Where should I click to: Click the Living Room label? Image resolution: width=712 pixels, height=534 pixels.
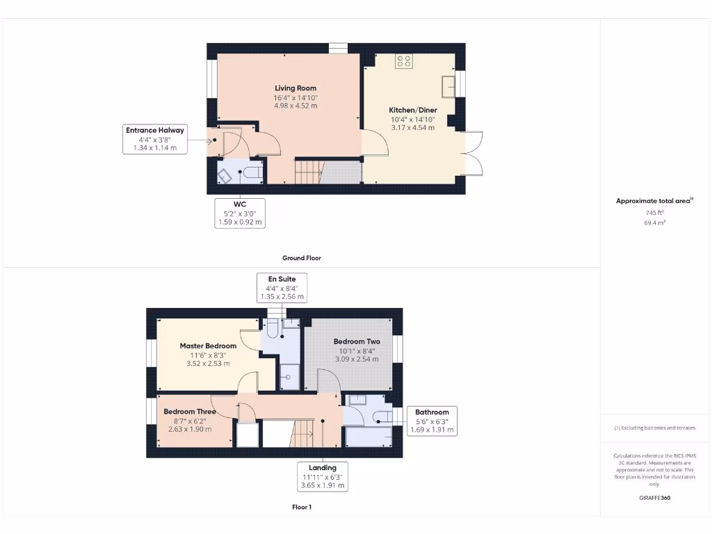click(296, 88)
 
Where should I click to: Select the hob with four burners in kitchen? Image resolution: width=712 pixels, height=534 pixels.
click(404, 61)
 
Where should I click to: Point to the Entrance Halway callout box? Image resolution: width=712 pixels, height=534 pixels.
click(155, 138)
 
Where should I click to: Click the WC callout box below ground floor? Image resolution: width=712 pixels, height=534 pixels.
click(239, 213)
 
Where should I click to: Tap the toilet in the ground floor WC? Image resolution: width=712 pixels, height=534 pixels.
click(252, 172)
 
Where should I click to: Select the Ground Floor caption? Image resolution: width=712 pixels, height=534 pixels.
click(301, 258)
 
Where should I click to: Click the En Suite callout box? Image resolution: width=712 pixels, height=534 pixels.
click(282, 288)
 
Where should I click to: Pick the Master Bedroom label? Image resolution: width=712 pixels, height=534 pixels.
click(208, 346)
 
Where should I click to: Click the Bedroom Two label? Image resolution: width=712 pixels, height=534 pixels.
click(357, 341)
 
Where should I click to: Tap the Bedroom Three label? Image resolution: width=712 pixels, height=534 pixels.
click(190, 412)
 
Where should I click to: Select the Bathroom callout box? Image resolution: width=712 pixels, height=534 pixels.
click(432, 421)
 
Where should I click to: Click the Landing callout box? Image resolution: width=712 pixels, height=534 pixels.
click(323, 476)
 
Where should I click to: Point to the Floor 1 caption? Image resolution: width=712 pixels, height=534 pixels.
click(302, 508)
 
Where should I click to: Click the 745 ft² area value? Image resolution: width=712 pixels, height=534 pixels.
click(655, 213)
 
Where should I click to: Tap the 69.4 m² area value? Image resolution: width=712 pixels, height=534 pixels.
click(655, 222)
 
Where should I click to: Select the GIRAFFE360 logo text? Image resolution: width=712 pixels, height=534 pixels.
click(655, 498)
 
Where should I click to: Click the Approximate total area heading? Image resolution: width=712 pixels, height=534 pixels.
click(654, 201)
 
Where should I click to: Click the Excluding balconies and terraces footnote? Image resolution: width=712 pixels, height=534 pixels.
click(654, 428)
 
